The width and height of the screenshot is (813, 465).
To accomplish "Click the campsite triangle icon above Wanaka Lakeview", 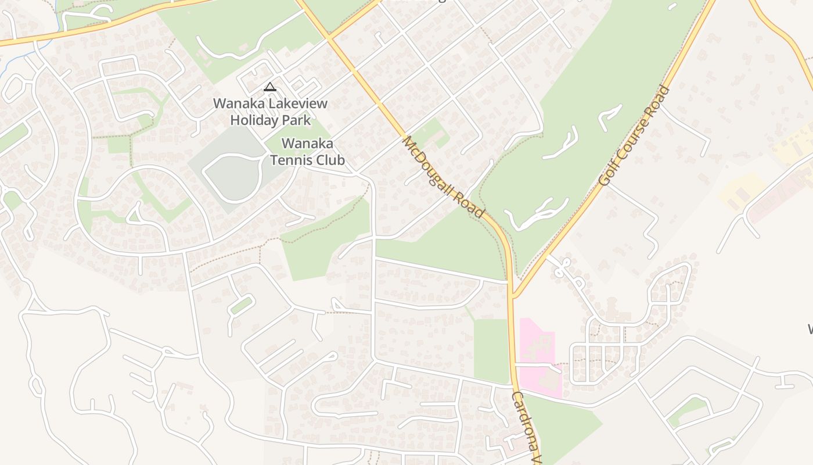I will coord(269,88).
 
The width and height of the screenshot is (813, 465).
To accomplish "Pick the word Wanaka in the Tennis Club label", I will coord(307,144).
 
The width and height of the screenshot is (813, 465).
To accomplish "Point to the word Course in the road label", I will coord(634,133).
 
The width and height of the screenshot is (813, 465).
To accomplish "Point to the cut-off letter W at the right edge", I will coord(810,330).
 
